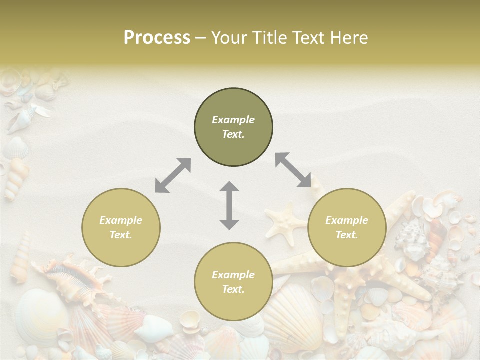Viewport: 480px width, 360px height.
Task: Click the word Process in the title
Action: (x=157, y=38)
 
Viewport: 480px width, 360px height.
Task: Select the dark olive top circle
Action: (x=233, y=127)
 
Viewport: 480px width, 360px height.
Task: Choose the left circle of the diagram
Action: (x=121, y=227)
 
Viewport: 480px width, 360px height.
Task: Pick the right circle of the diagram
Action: (x=347, y=227)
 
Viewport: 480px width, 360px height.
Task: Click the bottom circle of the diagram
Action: (x=233, y=282)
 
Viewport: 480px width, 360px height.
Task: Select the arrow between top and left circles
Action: (x=173, y=175)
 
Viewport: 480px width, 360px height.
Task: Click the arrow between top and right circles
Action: (x=293, y=170)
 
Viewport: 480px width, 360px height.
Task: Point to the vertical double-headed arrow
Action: (x=229, y=205)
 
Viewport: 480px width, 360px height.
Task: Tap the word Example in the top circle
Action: (x=233, y=120)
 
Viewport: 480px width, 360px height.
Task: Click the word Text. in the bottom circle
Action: (x=233, y=289)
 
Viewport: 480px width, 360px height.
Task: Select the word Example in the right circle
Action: (x=347, y=220)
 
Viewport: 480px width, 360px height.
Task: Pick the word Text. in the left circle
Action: (x=121, y=235)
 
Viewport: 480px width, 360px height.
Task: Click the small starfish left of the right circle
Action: (x=284, y=220)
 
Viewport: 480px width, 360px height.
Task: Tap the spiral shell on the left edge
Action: (x=16, y=177)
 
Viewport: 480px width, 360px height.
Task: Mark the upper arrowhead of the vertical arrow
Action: (x=229, y=188)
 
